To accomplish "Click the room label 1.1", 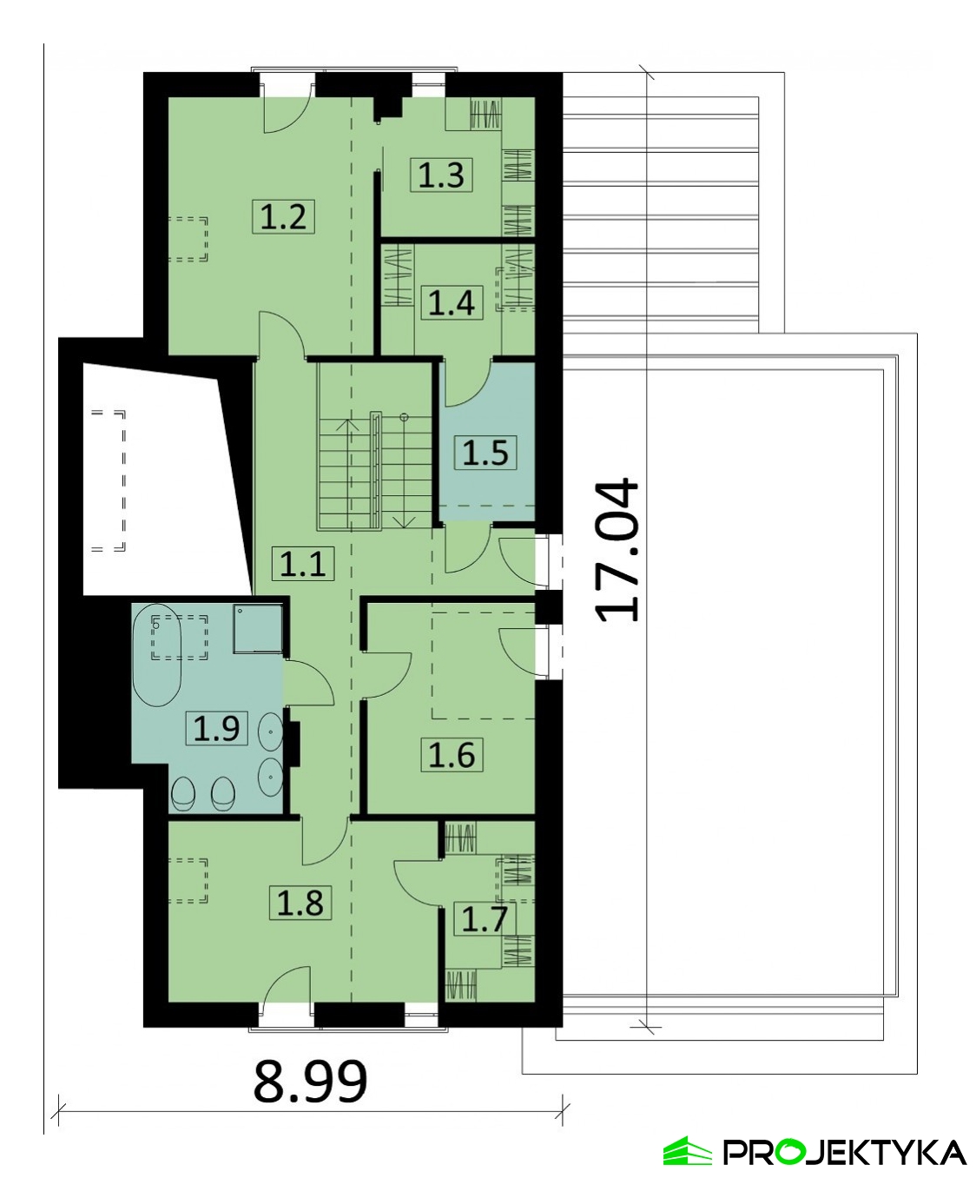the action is [x=303, y=564].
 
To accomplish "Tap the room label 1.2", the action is [x=284, y=216].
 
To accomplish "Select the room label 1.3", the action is [x=441, y=175].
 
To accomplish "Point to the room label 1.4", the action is [x=451, y=302].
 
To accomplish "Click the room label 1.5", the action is [x=485, y=453].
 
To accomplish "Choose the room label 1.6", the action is [x=452, y=755].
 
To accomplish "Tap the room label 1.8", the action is [x=300, y=903].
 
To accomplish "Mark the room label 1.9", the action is [x=216, y=728].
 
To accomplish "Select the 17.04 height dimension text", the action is [x=617, y=551].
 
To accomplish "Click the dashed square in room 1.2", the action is [x=188, y=239].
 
